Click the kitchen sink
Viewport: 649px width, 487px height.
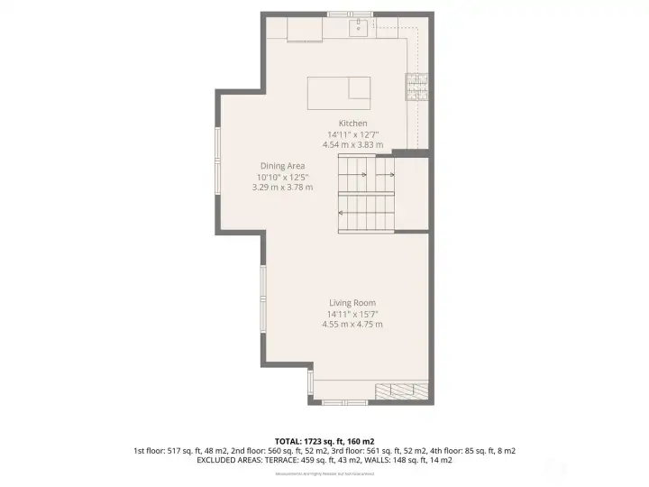[x=358, y=25]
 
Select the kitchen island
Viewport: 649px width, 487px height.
[x=339, y=91]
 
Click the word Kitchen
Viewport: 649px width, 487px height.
[x=353, y=124]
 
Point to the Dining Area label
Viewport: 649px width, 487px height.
[x=283, y=166]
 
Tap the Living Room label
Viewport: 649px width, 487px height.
[x=352, y=303]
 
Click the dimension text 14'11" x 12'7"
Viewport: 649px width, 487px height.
[x=353, y=134]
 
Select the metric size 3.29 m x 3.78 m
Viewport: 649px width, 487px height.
[x=283, y=188]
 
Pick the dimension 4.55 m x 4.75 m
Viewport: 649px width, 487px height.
[x=352, y=325]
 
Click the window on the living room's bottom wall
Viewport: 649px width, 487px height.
[x=345, y=402]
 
